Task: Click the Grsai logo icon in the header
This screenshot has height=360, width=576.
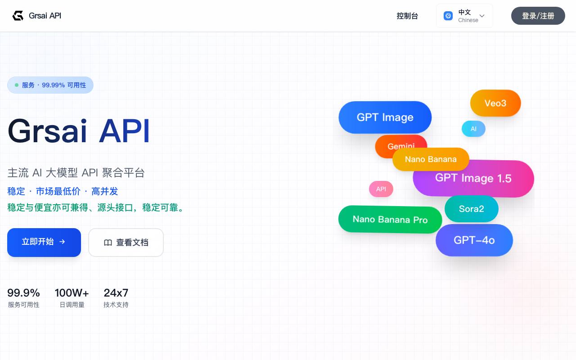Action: [x=18, y=16]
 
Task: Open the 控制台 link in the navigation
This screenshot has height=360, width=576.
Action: [x=407, y=16]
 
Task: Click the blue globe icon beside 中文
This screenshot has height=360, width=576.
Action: [x=448, y=16]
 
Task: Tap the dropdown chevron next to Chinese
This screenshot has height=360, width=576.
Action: [x=482, y=16]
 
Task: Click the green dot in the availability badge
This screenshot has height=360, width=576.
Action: [x=17, y=85]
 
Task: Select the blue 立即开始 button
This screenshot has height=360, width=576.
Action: [x=44, y=242]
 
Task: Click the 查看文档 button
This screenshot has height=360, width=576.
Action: [x=126, y=242]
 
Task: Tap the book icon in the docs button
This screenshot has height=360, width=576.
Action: [x=108, y=243]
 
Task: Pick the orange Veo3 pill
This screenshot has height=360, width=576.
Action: [x=495, y=103]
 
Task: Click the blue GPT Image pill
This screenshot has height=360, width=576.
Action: [x=385, y=117]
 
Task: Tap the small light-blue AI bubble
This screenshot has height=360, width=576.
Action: [x=474, y=129]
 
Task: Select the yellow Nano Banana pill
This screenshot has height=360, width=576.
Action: [x=431, y=159]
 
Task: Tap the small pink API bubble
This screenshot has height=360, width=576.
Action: [x=381, y=189]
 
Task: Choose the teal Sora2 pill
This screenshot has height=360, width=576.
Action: [x=471, y=208]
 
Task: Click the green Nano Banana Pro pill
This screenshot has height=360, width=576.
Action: [x=390, y=219]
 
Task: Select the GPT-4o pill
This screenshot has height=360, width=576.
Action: [x=474, y=240]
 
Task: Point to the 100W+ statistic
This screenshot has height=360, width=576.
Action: [x=72, y=293]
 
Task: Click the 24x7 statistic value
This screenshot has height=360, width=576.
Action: [x=116, y=293]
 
